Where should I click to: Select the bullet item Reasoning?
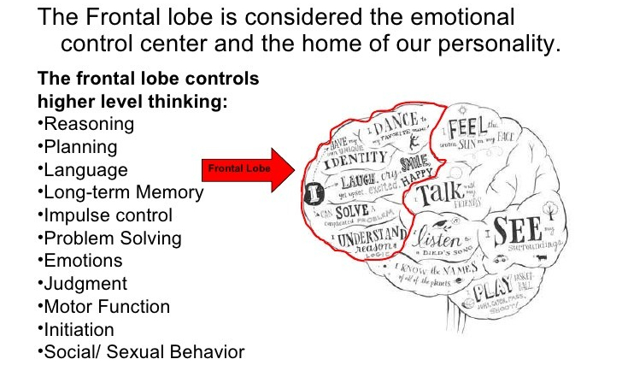coord(87,124)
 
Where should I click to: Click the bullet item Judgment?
coord(85,284)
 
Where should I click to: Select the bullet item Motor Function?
coord(106,307)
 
